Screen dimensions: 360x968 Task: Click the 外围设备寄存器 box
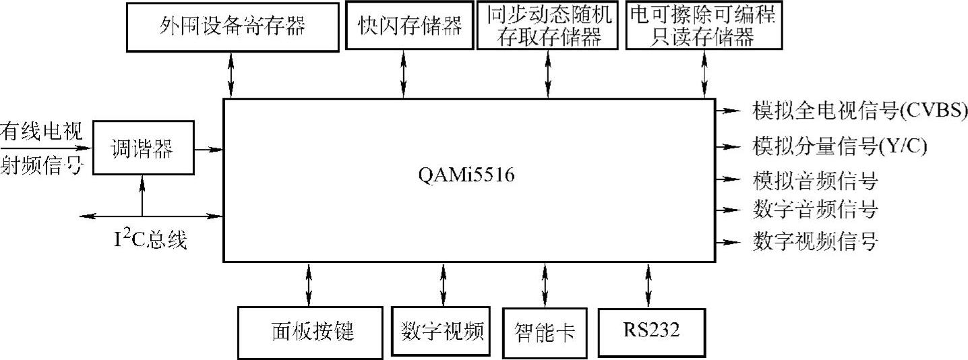(232, 27)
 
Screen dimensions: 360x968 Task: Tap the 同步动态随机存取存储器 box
(546, 27)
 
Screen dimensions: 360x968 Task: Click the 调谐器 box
(142, 149)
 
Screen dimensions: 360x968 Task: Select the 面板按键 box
(308, 332)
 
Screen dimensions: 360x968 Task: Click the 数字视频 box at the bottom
(442, 332)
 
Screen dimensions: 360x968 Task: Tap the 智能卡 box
(544, 332)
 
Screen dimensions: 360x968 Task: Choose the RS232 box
(651, 332)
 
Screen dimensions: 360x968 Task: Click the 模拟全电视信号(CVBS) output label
(859, 110)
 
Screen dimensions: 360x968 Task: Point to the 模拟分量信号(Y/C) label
(839, 146)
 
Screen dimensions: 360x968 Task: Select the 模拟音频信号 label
(814, 180)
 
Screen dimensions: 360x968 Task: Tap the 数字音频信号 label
(814, 210)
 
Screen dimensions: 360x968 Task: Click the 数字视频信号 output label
(814, 241)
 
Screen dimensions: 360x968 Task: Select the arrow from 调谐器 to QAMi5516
(209, 149)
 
